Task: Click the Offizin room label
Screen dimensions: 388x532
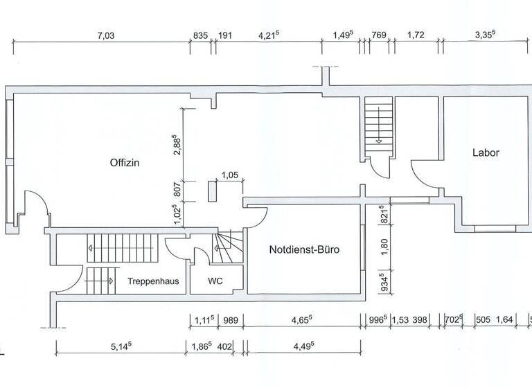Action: pyautogui.click(x=125, y=164)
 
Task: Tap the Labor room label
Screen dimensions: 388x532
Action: pyautogui.click(x=486, y=153)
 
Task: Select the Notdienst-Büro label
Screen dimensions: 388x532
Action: pyautogui.click(x=304, y=251)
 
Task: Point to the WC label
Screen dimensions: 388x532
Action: pyautogui.click(x=215, y=282)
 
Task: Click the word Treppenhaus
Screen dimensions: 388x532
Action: pyautogui.click(x=154, y=282)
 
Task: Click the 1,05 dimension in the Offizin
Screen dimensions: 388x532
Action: pyautogui.click(x=229, y=175)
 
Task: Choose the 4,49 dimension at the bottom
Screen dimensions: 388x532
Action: pyautogui.click(x=302, y=346)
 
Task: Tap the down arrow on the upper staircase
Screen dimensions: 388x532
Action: pyautogui.click(x=379, y=141)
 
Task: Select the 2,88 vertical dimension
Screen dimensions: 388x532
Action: pyautogui.click(x=178, y=148)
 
